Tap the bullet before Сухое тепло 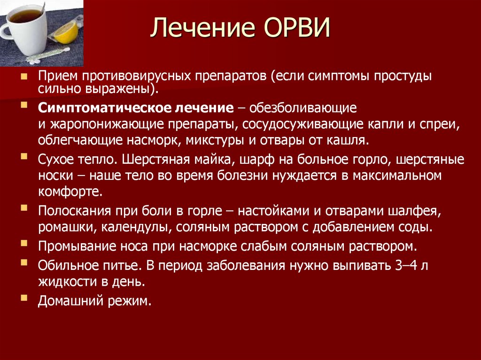click(23, 156)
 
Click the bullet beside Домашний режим click(23, 298)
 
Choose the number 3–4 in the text click(406, 266)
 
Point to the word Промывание click(77, 247)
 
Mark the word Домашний click(70, 301)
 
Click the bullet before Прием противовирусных click(23, 76)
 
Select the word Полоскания click(74, 211)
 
